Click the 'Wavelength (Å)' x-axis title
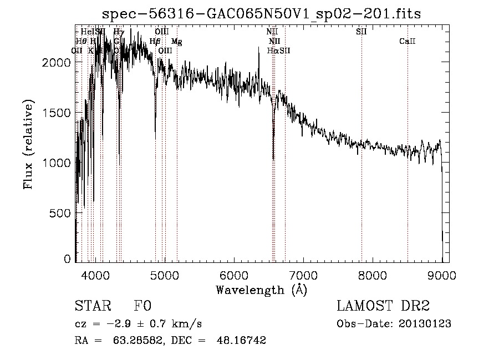tap(261, 290)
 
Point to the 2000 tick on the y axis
tap(57, 63)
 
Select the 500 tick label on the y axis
tap(61, 213)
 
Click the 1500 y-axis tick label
tap(57, 113)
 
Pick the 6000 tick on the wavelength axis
tap(233, 274)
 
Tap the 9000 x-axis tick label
tap(442, 274)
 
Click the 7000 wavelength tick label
tap(303, 274)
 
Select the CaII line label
tap(408, 42)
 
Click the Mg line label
tap(176, 42)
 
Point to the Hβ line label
tap(155, 42)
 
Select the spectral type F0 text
tap(142, 306)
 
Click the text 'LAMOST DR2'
tap(383, 306)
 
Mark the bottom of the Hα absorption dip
tap(273, 159)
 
